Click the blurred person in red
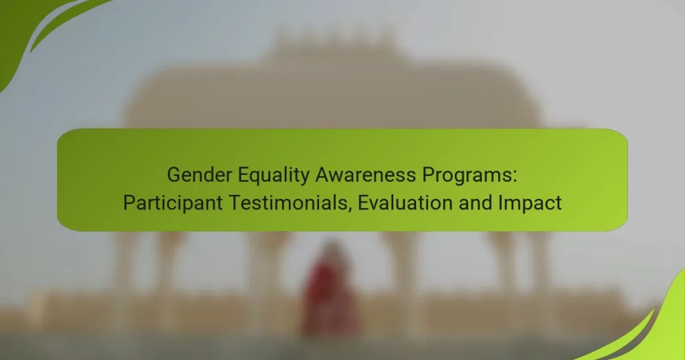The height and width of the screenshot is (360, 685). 329,291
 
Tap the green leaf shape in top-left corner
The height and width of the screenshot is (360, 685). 27,27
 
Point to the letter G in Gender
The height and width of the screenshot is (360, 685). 173,175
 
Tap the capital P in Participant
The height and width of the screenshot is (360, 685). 128,203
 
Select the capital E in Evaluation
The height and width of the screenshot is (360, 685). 363,203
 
